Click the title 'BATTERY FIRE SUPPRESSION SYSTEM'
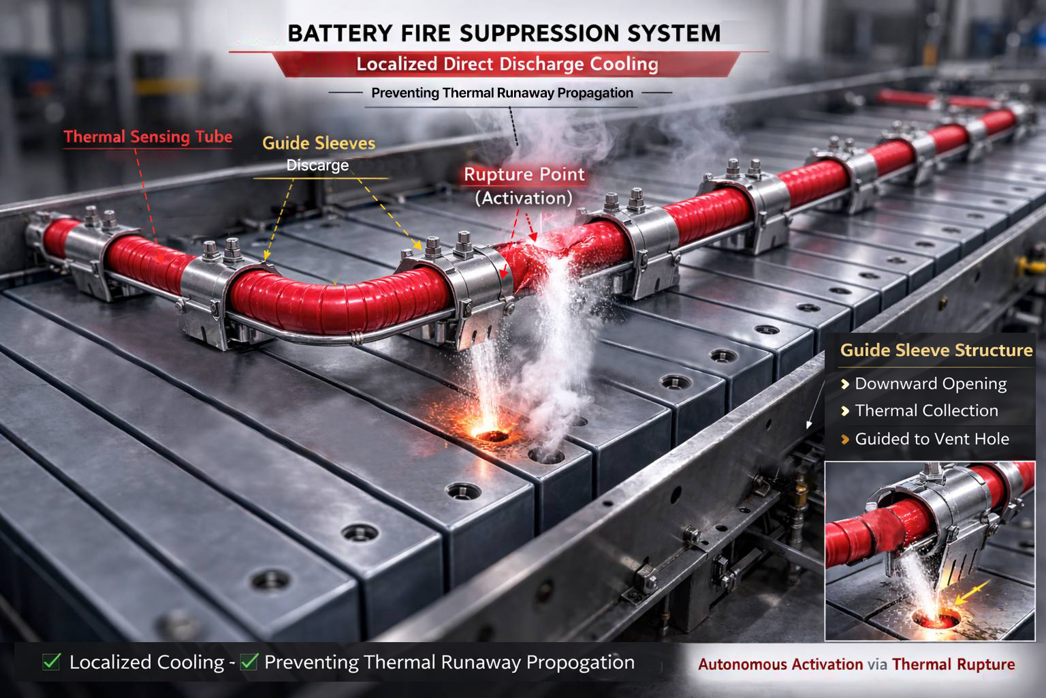[504, 33]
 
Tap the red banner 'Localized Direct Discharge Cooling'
[507, 65]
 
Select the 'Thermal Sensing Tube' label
[148, 137]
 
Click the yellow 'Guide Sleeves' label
[319, 143]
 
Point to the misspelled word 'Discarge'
[317, 166]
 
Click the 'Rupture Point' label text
[524, 174]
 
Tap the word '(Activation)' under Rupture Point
[523, 198]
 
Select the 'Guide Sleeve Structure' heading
[936, 350]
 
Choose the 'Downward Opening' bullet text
[930, 384]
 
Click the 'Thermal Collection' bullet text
[926, 411]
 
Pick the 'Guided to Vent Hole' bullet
[932, 439]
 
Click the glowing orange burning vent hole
[488, 434]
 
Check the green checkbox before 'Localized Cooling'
[52, 661]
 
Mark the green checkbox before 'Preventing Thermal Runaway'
[249, 661]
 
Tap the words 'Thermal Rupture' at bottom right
[953, 665]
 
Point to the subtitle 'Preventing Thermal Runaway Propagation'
[502, 93]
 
